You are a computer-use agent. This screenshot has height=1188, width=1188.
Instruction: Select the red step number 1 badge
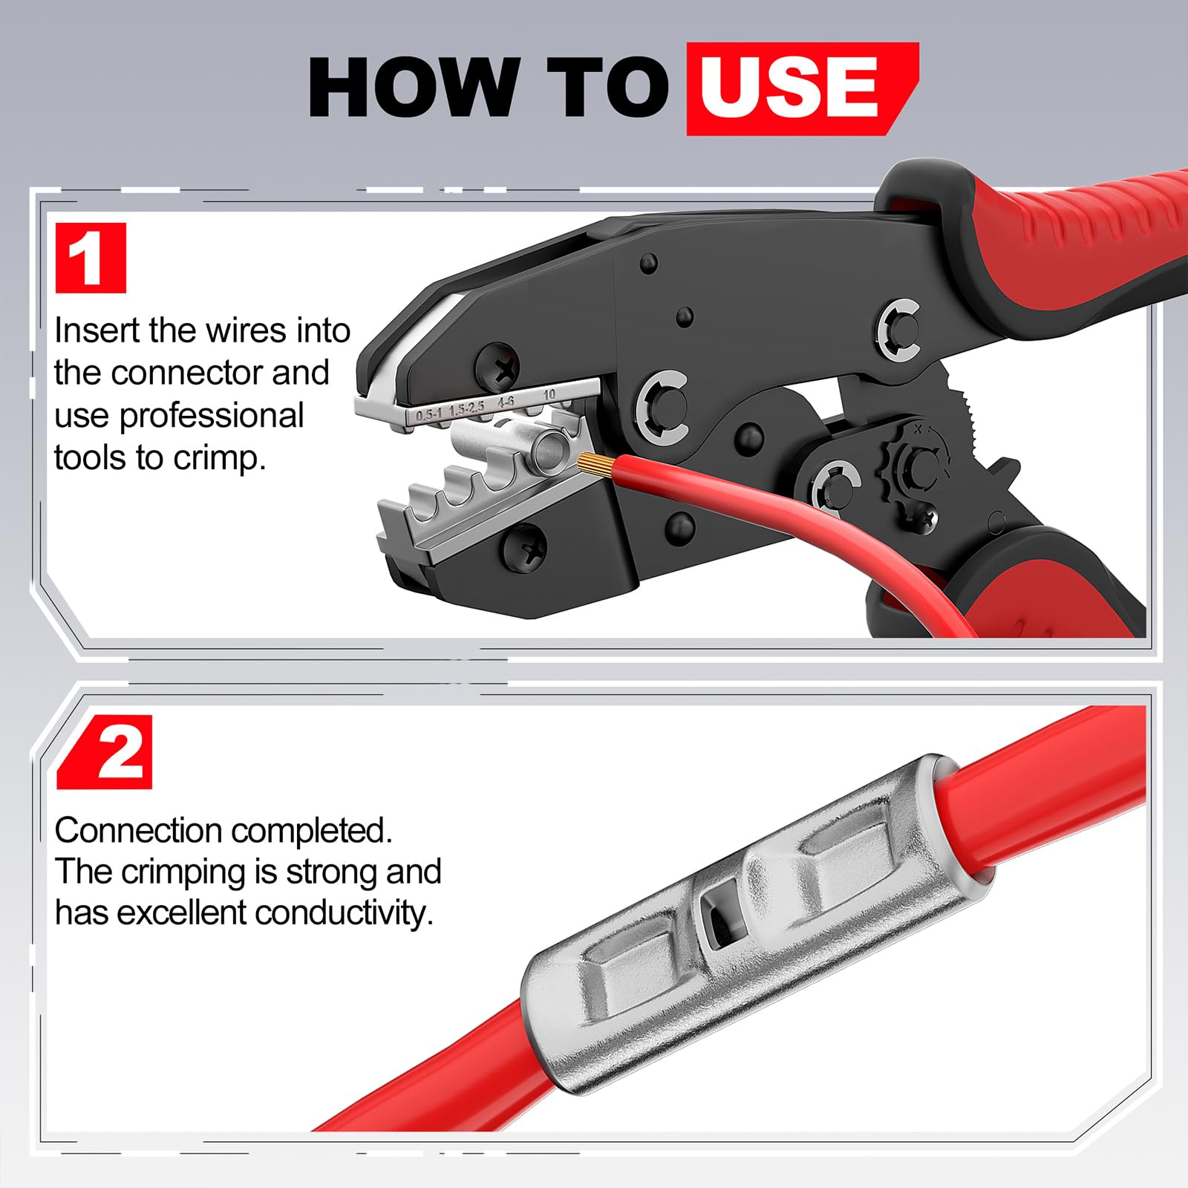tap(91, 258)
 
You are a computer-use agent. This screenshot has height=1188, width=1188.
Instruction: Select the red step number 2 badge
tap(105, 752)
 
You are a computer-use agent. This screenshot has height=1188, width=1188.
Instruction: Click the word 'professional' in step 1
tap(212, 417)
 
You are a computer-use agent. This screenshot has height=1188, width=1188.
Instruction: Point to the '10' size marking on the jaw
tap(549, 394)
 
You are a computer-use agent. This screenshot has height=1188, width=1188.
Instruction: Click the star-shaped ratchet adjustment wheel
tap(914, 465)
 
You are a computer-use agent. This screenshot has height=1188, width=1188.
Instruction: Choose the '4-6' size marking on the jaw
tap(506, 402)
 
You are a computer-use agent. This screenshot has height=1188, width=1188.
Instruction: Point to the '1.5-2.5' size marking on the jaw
tap(467, 408)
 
